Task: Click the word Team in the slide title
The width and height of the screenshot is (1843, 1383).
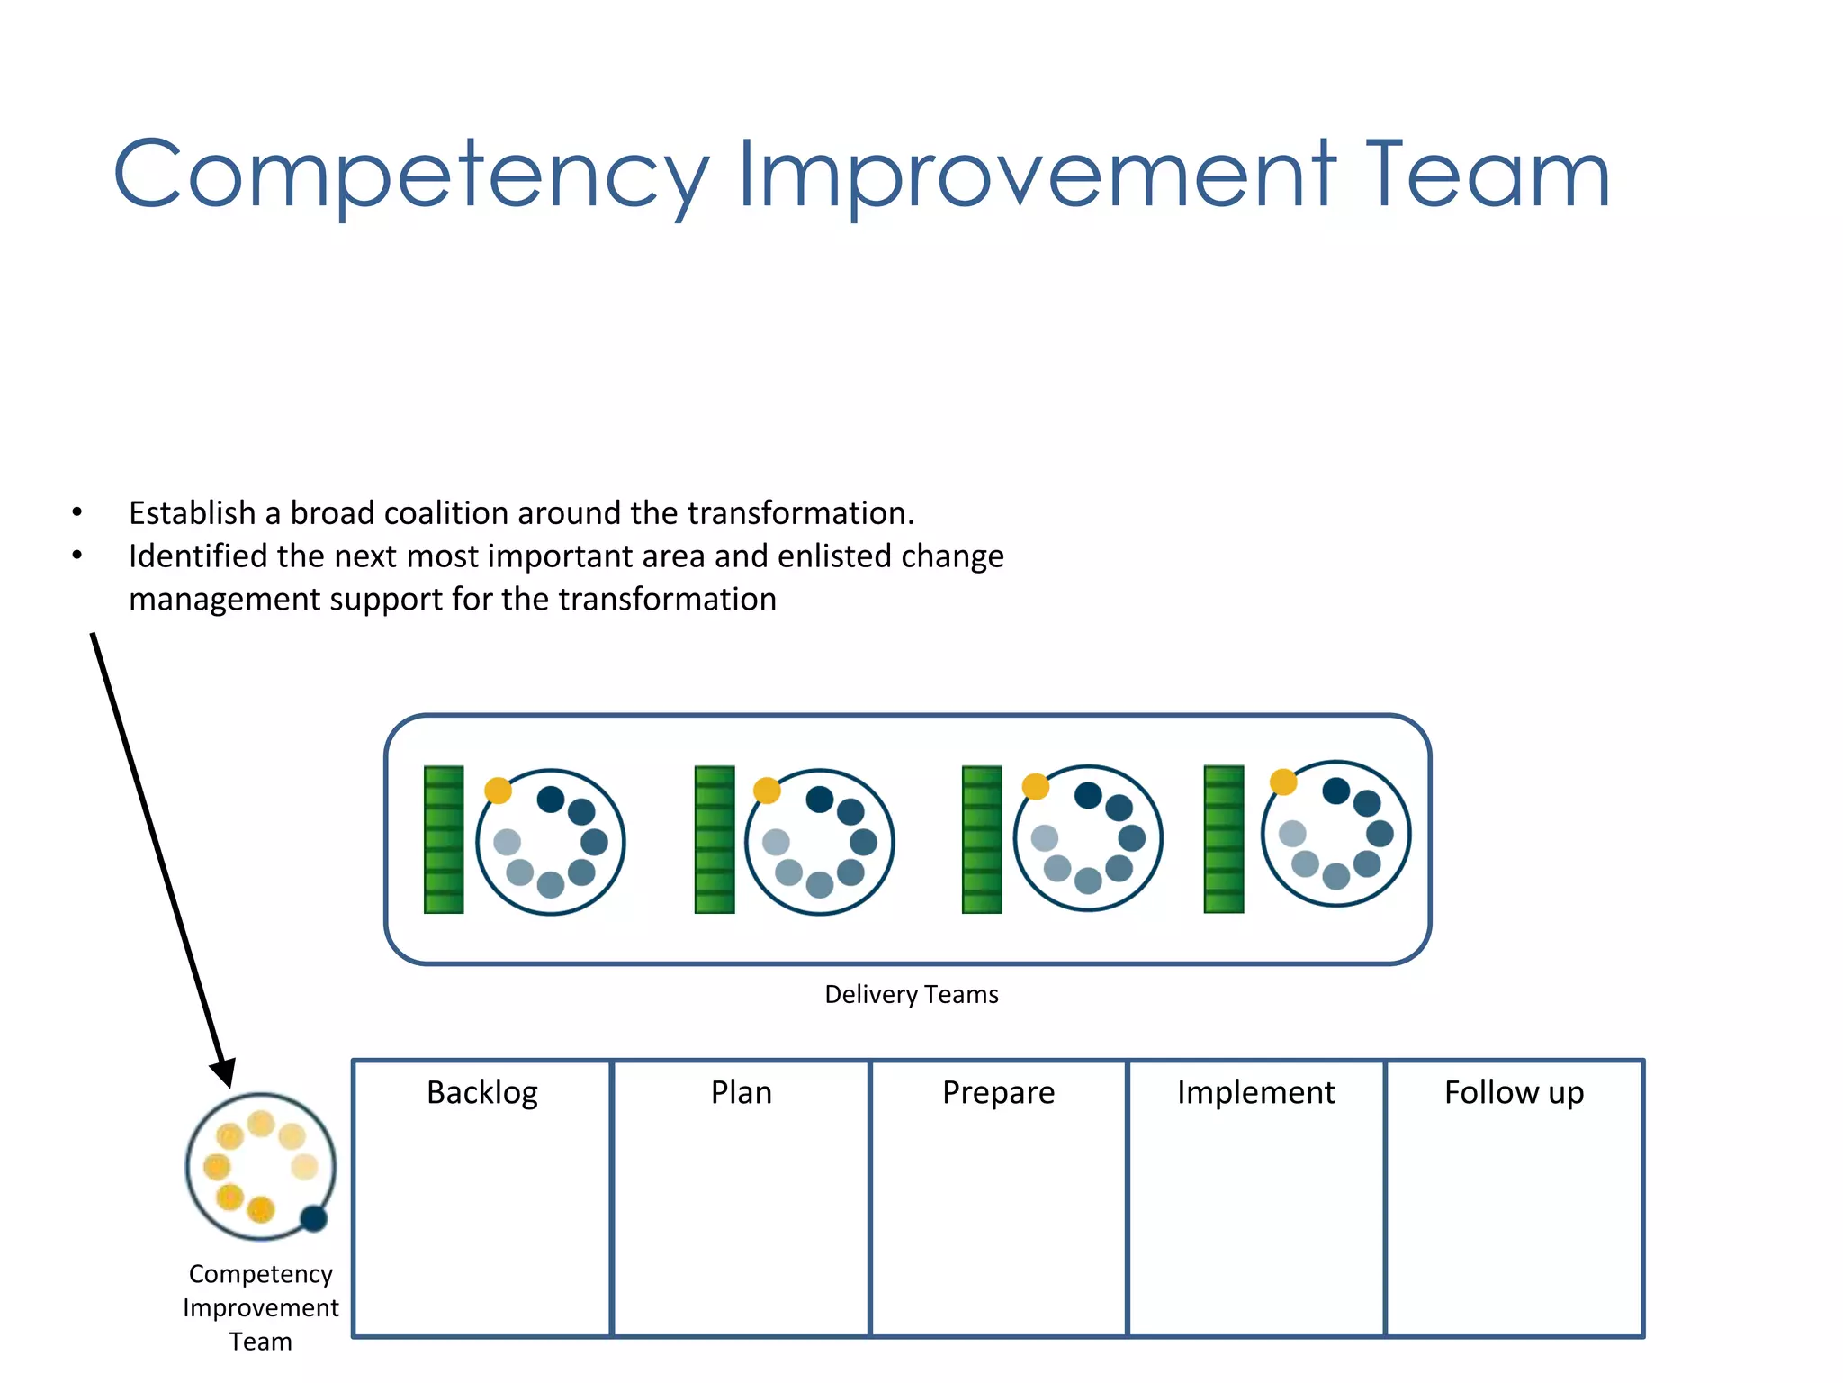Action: pyautogui.click(x=1488, y=176)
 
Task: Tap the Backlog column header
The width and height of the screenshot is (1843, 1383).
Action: pyautogui.click(x=482, y=1092)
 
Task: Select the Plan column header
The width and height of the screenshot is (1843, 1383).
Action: pyautogui.click(x=741, y=1092)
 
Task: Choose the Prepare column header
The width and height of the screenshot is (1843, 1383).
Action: pyautogui.click(x=998, y=1092)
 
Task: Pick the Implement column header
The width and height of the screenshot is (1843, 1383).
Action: pyautogui.click(x=1255, y=1092)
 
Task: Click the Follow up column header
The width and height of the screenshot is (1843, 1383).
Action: pyautogui.click(x=1514, y=1092)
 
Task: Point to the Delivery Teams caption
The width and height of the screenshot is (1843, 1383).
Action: pyautogui.click(x=911, y=994)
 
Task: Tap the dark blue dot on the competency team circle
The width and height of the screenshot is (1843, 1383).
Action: pyautogui.click(x=313, y=1218)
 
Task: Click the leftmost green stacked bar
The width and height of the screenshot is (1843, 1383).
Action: pyautogui.click(x=444, y=839)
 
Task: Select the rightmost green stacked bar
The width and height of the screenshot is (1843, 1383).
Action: pyautogui.click(x=1224, y=839)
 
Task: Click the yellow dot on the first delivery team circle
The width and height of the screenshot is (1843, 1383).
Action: pyautogui.click(x=498, y=791)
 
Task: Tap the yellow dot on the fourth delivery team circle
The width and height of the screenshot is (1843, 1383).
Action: pyautogui.click(x=1283, y=782)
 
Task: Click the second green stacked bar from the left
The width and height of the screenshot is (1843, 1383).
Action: pyautogui.click(x=715, y=839)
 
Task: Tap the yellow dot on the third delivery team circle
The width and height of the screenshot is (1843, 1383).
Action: pyautogui.click(x=1036, y=786)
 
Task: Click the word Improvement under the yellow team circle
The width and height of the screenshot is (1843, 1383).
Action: pyautogui.click(x=261, y=1307)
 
